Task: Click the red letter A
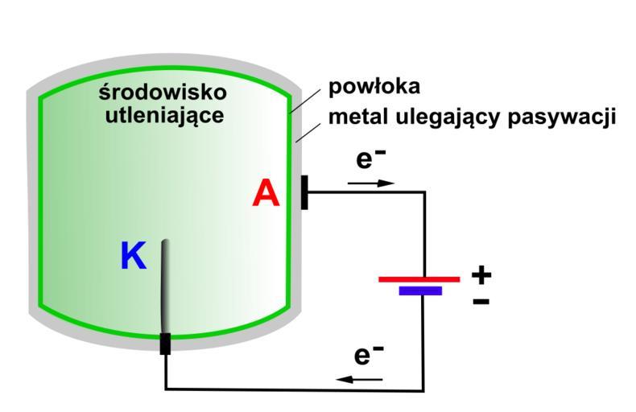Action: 266,194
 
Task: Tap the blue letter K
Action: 134,257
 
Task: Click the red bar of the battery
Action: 419,279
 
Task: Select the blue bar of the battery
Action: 420,290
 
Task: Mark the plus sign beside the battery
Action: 481,275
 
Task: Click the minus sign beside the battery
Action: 480,302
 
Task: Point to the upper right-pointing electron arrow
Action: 371,183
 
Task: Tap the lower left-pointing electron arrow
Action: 359,377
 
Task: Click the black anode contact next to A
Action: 304,192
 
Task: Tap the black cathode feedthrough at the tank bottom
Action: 165,343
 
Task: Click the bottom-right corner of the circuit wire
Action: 423,390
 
